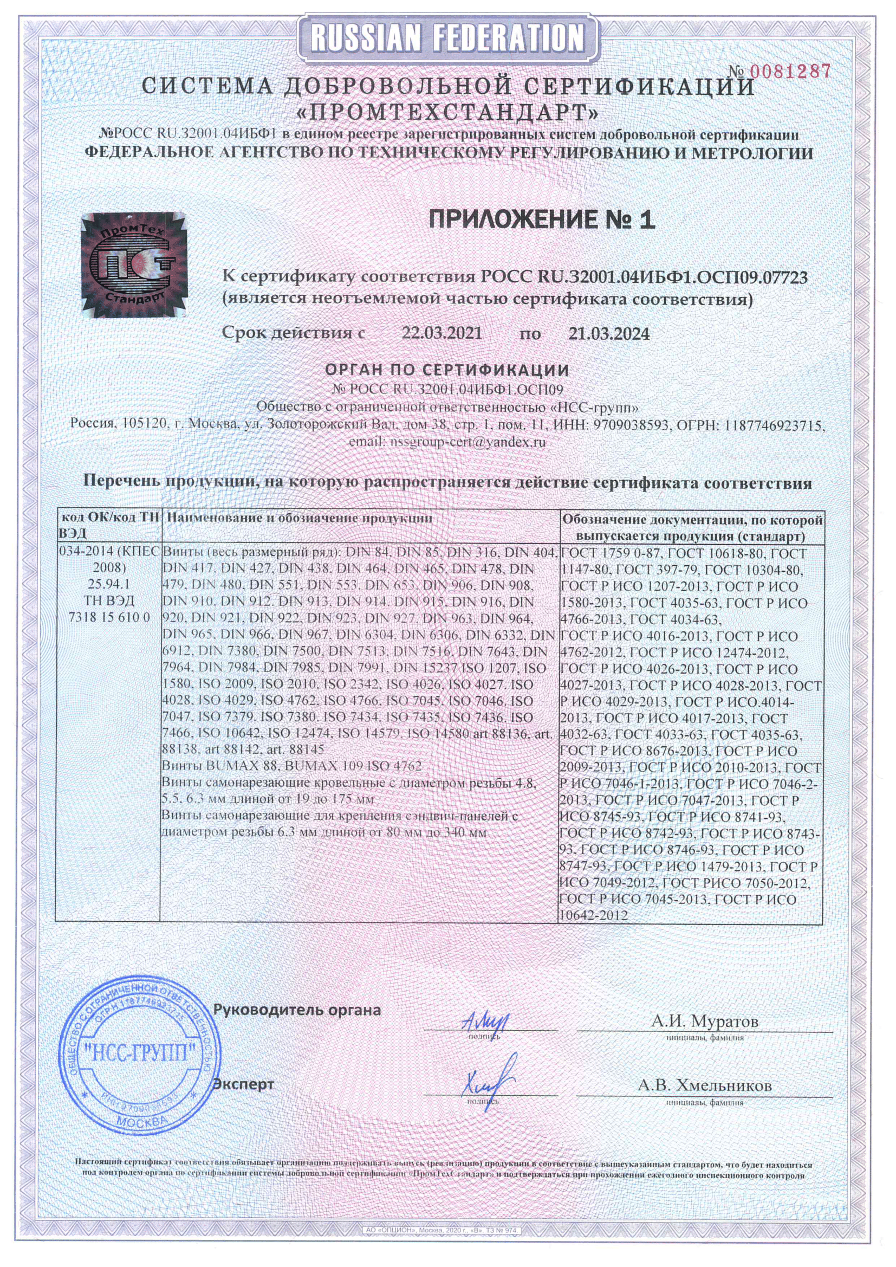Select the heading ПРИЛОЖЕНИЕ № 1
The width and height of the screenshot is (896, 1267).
coord(542,219)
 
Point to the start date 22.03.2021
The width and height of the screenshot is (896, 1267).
coord(441,333)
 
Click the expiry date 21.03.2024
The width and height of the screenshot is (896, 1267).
coord(608,333)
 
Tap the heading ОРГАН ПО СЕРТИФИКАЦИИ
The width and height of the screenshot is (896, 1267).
coord(447,369)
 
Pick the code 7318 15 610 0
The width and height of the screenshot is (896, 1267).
coord(109,617)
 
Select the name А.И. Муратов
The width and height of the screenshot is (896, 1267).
coord(705,1021)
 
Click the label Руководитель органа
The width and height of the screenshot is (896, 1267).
coord(297,1010)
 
